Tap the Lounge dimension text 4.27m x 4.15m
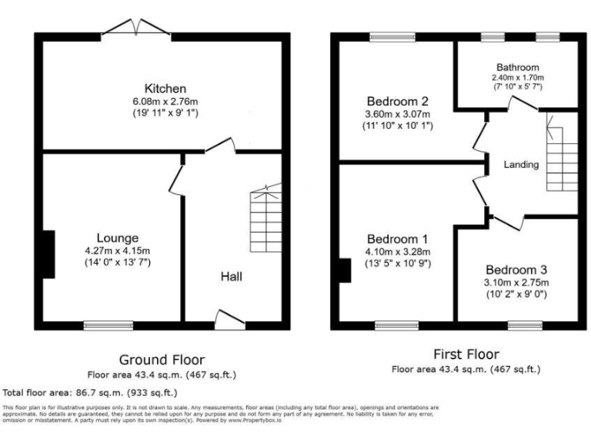(x=118, y=250)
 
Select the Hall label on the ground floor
(x=232, y=275)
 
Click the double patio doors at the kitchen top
(x=136, y=29)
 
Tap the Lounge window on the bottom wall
(x=109, y=325)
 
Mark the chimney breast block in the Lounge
(x=48, y=254)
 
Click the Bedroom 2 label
(x=397, y=102)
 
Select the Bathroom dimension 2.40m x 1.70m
(x=517, y=78)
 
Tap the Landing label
(x=521, y=165)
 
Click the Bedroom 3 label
(x=516, y=270)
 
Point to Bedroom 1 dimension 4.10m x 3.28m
(x=397, y=251)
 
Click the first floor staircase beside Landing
(x=561, y=158)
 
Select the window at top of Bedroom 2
(x=392, y=35)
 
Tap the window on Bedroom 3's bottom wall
(x=525, y=325)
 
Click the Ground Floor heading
(x=162, y=359)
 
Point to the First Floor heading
(x=466, y=355)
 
